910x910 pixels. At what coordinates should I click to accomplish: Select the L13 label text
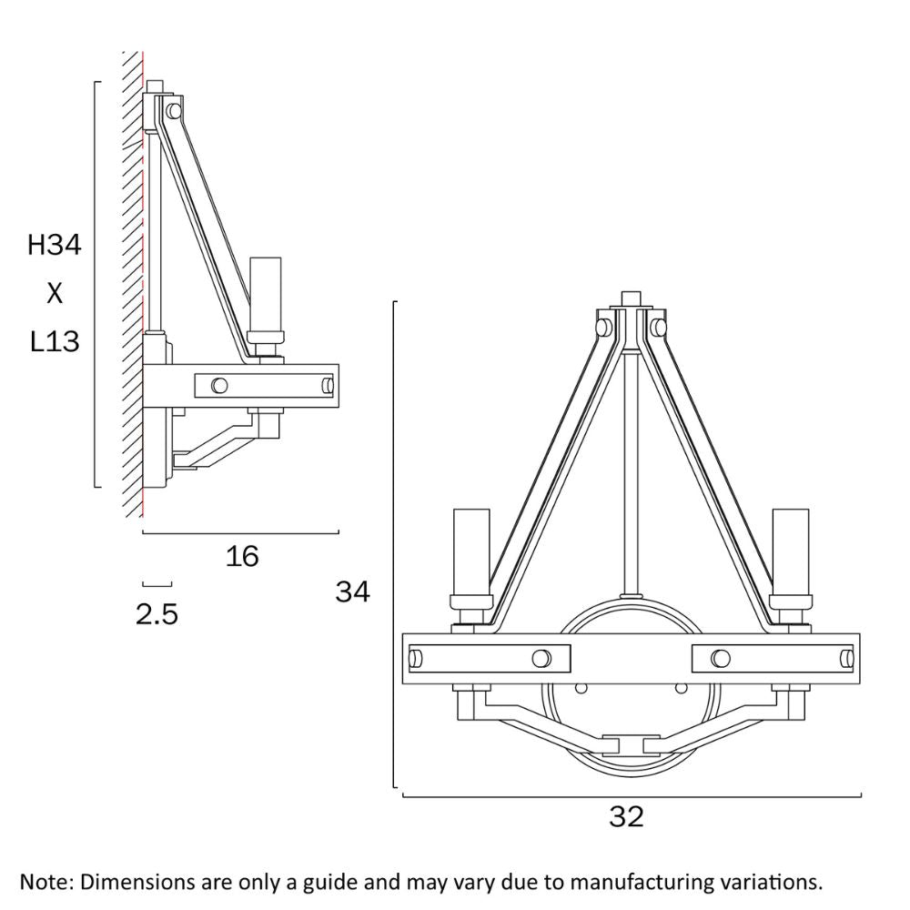[55, 342]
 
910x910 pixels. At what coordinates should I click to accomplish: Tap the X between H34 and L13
[55, 293]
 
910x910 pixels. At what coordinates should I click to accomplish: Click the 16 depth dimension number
[242, 555]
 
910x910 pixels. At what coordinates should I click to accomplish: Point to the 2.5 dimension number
[157, 615]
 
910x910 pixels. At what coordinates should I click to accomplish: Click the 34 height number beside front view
[353, 591]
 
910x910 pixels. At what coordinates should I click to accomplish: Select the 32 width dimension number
[626, 816]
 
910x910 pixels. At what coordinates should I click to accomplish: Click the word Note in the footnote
[45, 882]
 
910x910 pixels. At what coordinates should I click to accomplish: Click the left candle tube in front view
[471, 550]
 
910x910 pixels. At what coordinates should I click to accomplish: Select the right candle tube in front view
[790, 550]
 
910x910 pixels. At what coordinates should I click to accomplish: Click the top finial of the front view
[631, 299]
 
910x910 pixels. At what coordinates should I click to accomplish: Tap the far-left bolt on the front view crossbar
[418, 658]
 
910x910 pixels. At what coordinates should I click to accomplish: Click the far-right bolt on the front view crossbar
[845, 658]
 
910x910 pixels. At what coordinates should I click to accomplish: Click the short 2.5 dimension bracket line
[157, 583]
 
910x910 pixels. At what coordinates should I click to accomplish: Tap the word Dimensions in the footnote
[133, 882]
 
